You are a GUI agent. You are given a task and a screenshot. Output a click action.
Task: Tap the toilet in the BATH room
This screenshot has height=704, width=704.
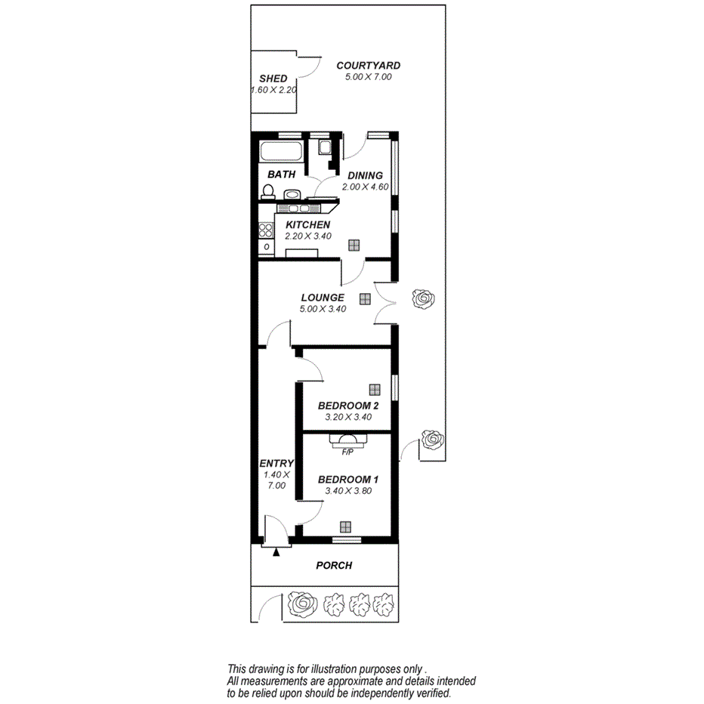[267, 192]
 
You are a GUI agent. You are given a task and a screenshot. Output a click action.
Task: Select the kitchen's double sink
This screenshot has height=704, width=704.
[295, 208]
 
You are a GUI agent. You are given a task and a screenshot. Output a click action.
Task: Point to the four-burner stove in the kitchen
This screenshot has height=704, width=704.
[266, 228]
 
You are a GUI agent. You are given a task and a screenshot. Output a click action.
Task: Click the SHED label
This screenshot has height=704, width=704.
[273, 79]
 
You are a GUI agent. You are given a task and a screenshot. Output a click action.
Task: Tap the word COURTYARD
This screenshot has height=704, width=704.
[368, 66]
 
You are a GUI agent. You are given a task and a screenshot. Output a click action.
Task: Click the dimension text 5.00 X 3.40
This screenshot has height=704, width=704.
[323, 308]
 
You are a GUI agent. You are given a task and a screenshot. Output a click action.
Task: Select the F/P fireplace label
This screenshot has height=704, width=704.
[348, 453]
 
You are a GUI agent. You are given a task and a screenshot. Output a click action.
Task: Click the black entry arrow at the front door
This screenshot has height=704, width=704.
[276, 552]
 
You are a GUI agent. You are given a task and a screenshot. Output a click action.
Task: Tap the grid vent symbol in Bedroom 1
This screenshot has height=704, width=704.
[346, 527]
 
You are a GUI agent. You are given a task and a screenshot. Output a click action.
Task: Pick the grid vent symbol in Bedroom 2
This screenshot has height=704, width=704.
[374, 389]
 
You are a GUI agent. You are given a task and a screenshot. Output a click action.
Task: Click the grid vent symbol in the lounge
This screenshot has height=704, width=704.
[365, 298]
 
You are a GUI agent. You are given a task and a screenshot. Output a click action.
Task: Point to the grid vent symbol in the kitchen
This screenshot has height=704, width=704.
[354, 244]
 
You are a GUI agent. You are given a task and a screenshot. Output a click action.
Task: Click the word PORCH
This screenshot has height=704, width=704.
[334, 565]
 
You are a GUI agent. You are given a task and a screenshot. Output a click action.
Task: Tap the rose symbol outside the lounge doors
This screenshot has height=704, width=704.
[422, 299]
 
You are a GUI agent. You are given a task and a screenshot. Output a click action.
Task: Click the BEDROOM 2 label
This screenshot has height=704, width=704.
[347, 406]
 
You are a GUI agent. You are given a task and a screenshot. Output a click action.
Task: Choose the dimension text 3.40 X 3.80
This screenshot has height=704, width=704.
[347, 490]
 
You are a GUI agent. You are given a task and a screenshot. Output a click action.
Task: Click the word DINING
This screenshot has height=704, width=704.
[365, 175]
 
